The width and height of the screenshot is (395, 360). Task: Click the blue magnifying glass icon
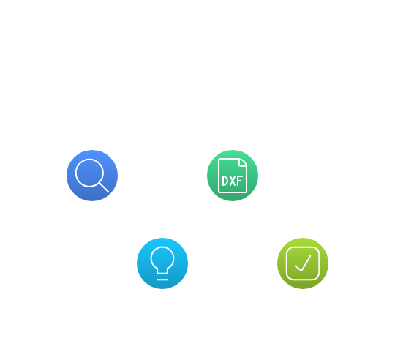click(x=92, y=176)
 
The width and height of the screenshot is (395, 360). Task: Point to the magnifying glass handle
click(x=104, y=187)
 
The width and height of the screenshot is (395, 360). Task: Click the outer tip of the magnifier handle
click(x=108, y=192)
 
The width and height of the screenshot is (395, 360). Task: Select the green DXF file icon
click(x=233, y=176)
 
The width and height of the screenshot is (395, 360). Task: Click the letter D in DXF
click(x=225, y=181)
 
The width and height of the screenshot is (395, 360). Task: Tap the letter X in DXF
click(x=233, y=181)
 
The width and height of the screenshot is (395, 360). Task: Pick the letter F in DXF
click(x=240, y=181)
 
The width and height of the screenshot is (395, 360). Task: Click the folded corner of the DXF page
click(x=243, y=162)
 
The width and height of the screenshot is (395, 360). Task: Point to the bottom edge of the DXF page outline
click(x=233, y=192)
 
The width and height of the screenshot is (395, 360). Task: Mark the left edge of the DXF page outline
click(x=219, y=176)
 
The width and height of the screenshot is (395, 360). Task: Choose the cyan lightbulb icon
click(x=162, y=263)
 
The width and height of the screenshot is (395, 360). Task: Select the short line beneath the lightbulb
click(x=162, y=280)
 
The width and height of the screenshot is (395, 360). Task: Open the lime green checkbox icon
click(x=303, y=263)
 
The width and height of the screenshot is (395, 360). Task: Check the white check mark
click(x=303, y=263)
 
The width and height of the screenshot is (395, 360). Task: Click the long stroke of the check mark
click(x=306, y=263)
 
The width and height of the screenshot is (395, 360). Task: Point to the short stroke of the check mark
click(x=298, y=268)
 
